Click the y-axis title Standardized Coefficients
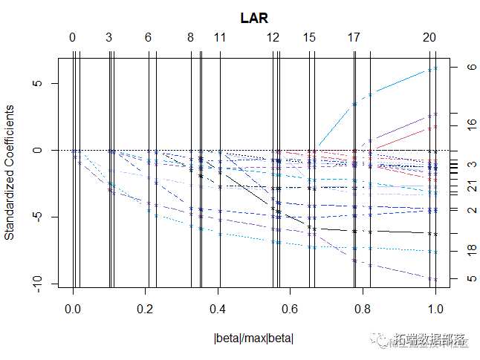click(10, 172)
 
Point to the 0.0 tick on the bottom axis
click(73, 308)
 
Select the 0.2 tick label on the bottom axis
click(145, 308)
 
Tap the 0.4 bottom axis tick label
click(218, 308)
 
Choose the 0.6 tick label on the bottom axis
click(291, 308)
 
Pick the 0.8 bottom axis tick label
click(363, 308)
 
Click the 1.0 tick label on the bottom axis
click(436, 308)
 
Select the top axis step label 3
click(109, 37)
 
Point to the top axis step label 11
click(219, 37)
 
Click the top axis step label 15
click(310, 37)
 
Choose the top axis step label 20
click(429, 37)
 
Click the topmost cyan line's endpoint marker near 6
click(436, 68)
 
